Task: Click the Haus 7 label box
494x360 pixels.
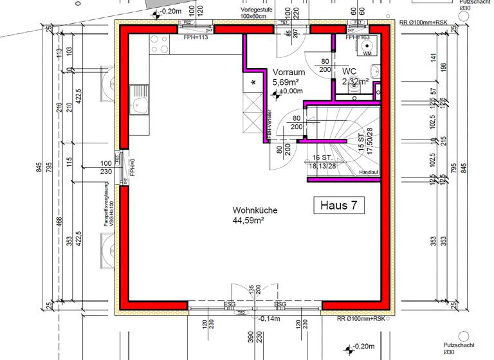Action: click(x=338, y=205)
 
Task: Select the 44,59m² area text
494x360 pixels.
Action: click(x=250, y=221)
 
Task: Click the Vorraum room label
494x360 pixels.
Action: click(x=288, y=73)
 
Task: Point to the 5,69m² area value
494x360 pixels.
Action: click(x=285, y=82)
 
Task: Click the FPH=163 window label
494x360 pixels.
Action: click(x=356, y=37)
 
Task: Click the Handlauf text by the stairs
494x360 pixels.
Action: click(x=369, y=173)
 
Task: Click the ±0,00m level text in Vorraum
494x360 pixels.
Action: click(x=291, y=92)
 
